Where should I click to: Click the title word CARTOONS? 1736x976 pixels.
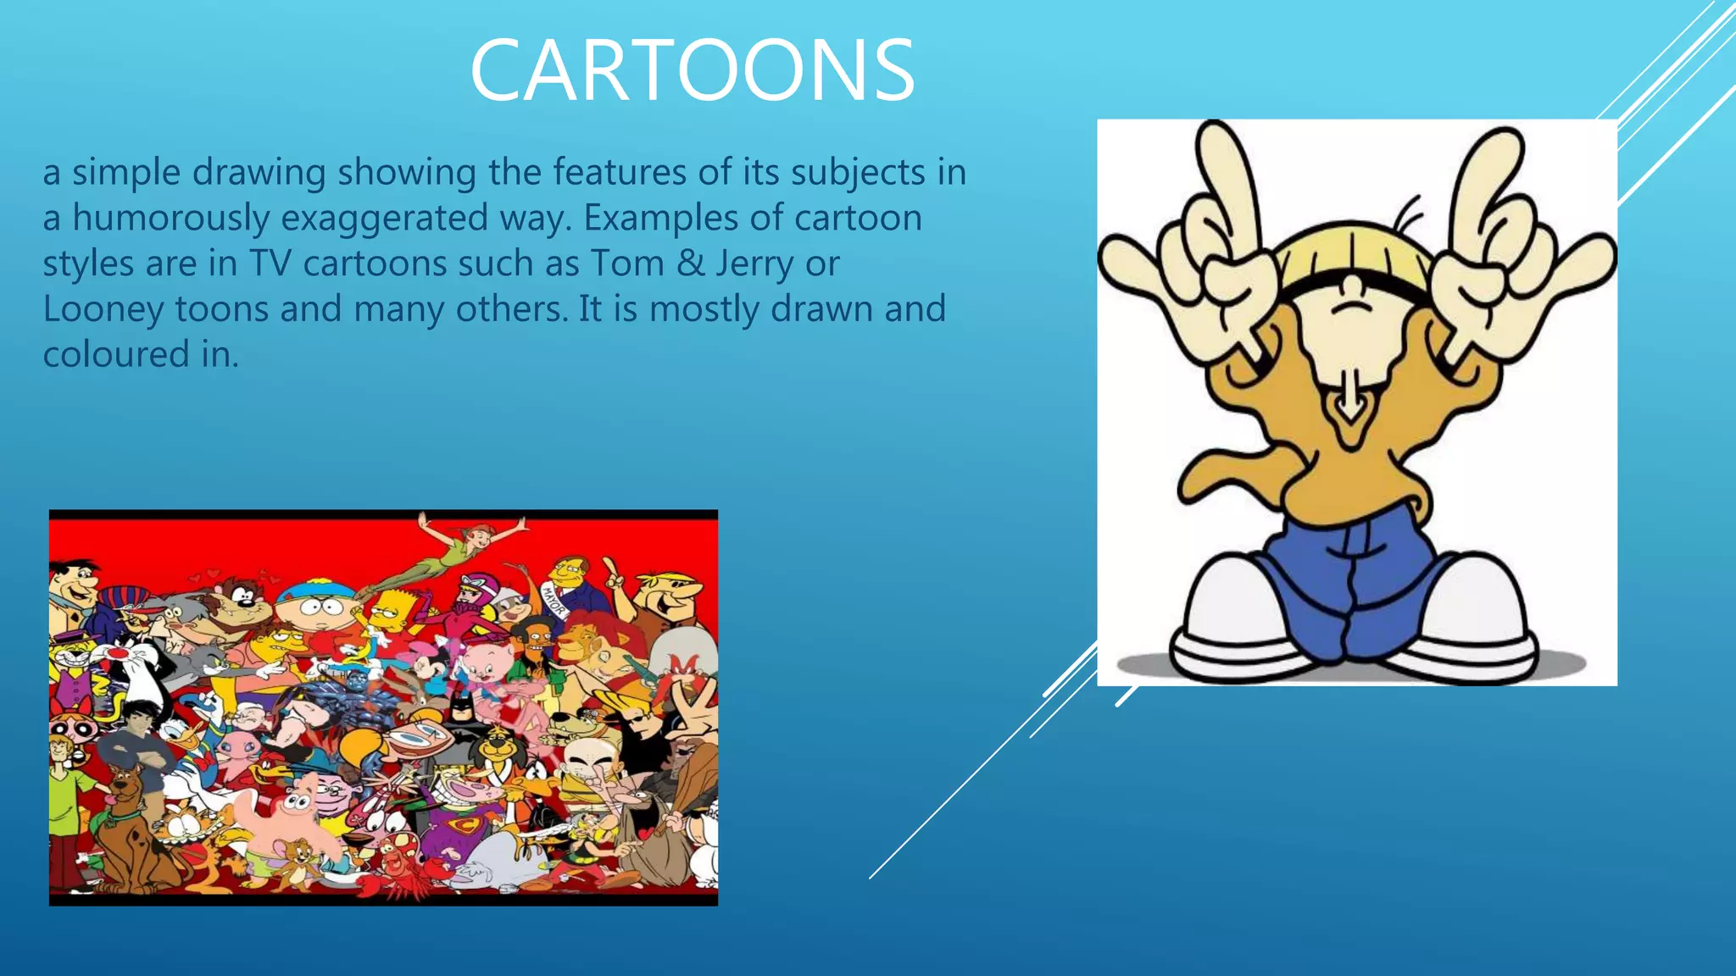(692, 70)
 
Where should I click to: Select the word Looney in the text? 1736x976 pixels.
(103, 309)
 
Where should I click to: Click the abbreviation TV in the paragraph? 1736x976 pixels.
(270, 263)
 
